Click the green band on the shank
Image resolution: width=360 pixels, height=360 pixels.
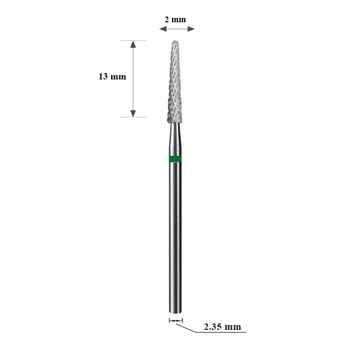[175, 159]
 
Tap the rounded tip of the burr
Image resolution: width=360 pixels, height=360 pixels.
[175, 41]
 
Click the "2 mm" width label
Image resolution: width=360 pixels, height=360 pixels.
[175, 20]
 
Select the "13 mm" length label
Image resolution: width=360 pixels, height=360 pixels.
[112, 76]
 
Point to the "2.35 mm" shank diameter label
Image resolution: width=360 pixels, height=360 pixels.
[222, 327]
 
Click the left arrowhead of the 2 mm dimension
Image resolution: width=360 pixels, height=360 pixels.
[163, 29]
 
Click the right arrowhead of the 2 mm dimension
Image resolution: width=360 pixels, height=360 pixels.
[191, 29]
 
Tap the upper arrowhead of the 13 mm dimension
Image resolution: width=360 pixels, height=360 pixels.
[133, 44]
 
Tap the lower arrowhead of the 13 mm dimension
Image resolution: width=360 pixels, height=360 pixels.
[133, 113]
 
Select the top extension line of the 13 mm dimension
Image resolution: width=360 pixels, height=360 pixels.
[133, 40]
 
